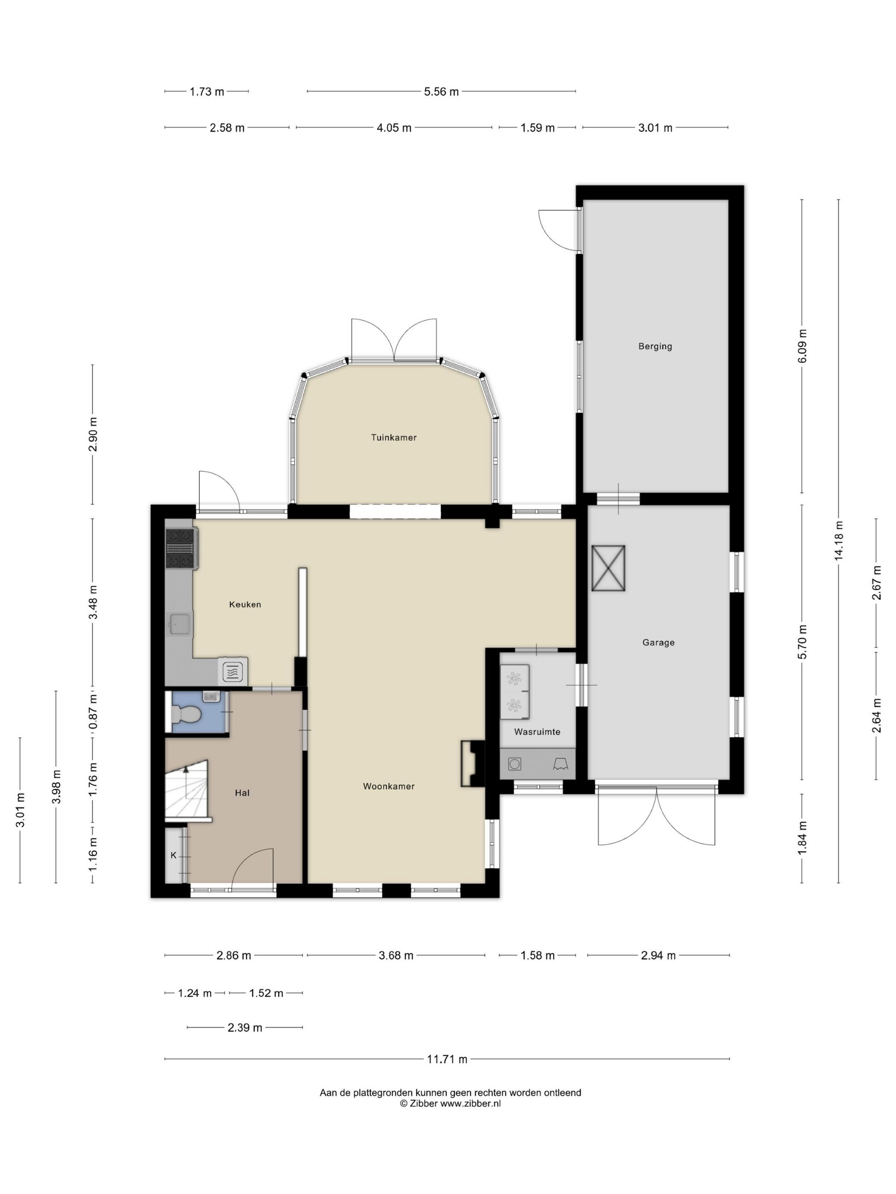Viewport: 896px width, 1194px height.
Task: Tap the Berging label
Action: (655, 347)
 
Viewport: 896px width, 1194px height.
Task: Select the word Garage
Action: (658, 642)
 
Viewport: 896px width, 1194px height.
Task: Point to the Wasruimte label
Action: (537, 732)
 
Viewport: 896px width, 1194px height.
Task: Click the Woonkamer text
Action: (388, 786)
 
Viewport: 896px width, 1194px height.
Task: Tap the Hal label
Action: (242, 793)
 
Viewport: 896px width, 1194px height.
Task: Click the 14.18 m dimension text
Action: (838, 541)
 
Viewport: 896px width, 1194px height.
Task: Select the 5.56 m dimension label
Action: (441, 92)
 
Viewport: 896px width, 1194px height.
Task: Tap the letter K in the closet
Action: (173, 855)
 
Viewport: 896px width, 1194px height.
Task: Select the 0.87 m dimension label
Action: (93, 711)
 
